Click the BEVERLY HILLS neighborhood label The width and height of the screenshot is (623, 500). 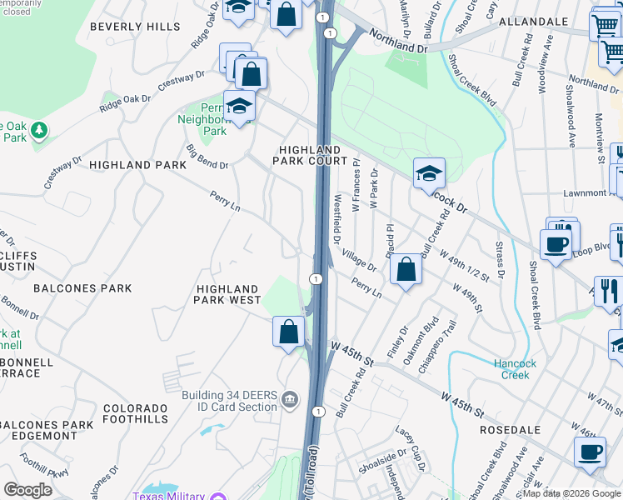coord(134,27)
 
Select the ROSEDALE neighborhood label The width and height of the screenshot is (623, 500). coord(512,430)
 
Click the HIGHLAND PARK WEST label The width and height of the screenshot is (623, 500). coord(228,294)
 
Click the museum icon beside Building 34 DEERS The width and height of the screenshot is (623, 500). coord(289,400)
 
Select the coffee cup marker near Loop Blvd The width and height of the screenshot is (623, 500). coord(556,242)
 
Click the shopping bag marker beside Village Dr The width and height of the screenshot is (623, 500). coord(405,269)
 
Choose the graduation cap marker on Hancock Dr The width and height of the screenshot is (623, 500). coord(429,172)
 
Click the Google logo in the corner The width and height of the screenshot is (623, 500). coord(27,489)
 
